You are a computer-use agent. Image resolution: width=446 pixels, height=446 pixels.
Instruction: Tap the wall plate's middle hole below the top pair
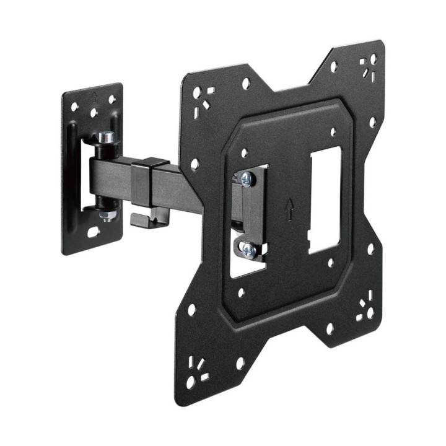(94, 114)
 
